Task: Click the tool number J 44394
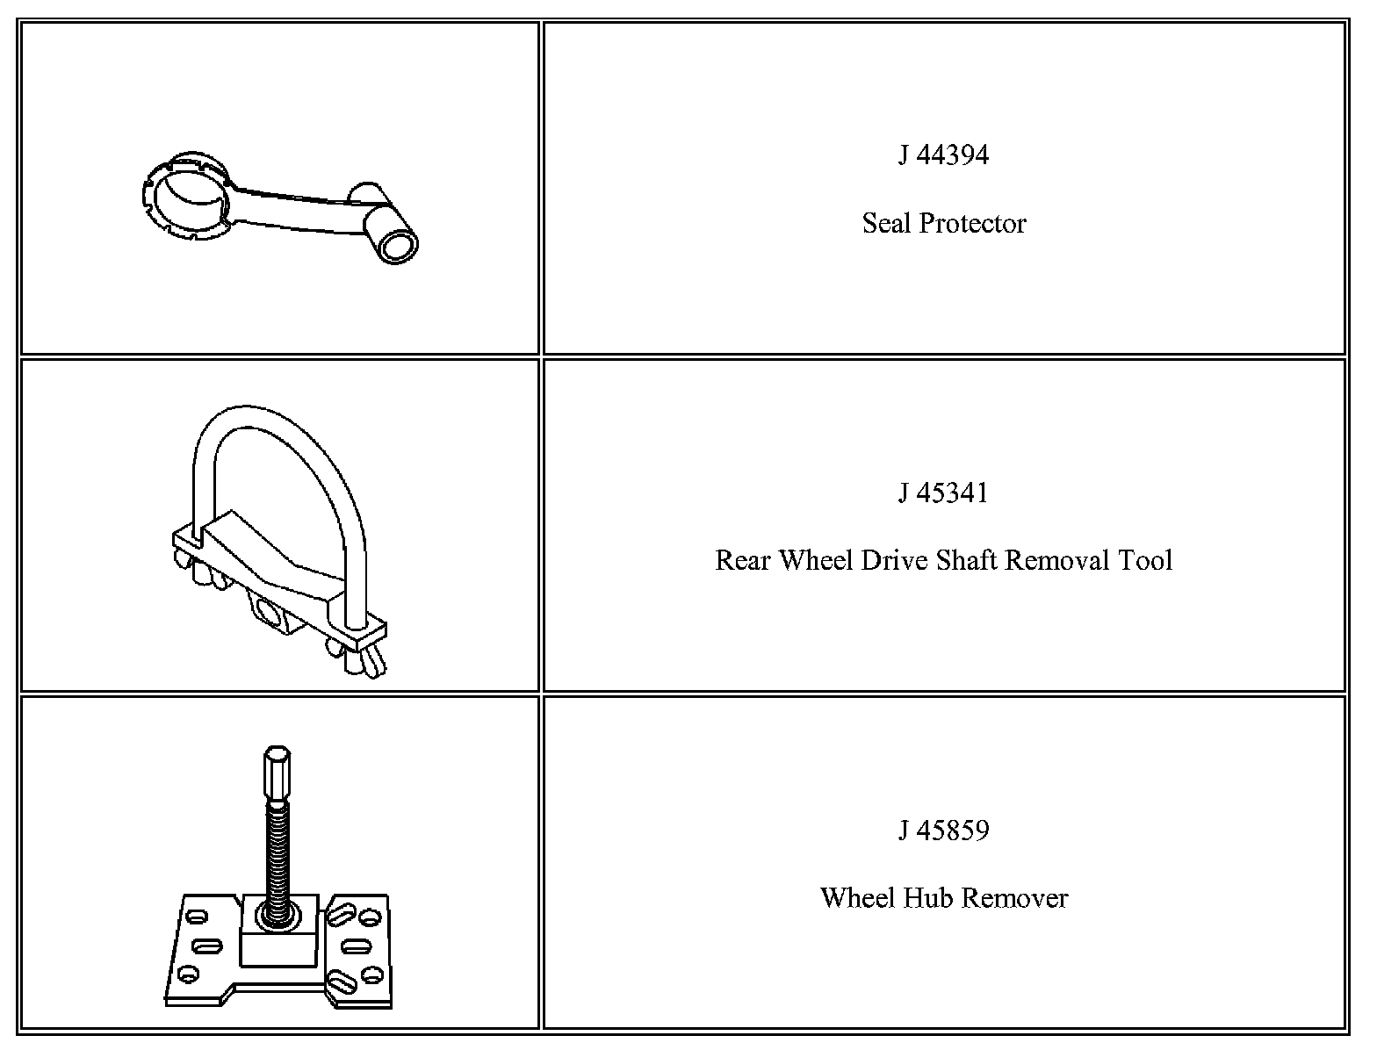point(943,155)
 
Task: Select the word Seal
point(886,223)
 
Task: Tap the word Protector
point(972,224)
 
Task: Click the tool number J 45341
point(943,493)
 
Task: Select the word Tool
point(1145,560)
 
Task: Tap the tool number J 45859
point(943,831)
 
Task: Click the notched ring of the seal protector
point(184,199)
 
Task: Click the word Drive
point(894,560)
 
